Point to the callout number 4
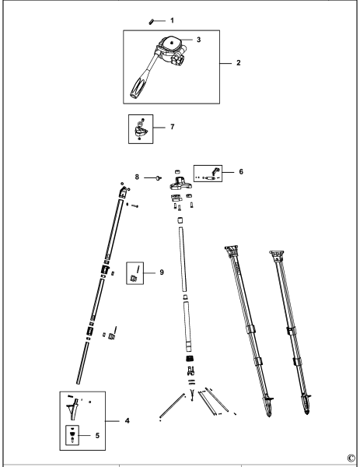(x=127, y=420)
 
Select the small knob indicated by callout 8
(x=159, y=178)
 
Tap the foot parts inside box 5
(x=74, y=434)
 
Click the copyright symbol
(x=351, y=458)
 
